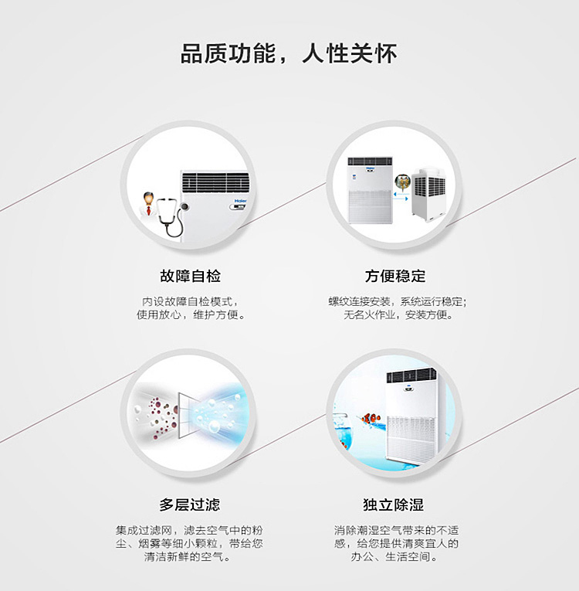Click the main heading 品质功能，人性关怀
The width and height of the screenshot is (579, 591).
tap(289, 53)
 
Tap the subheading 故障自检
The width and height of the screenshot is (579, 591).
tap(190, 276)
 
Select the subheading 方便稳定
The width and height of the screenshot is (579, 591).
tap(395, 276)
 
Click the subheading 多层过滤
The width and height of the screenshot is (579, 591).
tap(189, 504)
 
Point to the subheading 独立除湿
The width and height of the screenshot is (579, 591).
tap(394, 504)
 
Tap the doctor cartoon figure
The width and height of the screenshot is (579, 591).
tap(148, 205)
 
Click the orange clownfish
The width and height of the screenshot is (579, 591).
tap(371, 418)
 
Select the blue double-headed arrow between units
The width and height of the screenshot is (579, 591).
tap(401, 195)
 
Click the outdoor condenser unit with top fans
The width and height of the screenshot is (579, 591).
tap(429, 195)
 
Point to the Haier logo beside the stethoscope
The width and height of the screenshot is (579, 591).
tap(240, 201)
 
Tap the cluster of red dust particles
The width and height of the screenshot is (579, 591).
tap(161, 419)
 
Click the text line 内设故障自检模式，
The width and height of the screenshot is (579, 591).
tap(190, 301)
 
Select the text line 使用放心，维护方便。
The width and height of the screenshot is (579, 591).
tap(191, 314)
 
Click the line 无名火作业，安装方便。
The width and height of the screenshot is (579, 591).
tap(398, 314)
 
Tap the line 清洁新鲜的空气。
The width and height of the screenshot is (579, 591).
tap(188, 556)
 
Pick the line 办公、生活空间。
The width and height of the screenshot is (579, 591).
tap(394, 556)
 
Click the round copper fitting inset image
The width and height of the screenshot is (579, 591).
tap(402, 182)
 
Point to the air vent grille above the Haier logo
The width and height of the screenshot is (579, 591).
tap(215, 182)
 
